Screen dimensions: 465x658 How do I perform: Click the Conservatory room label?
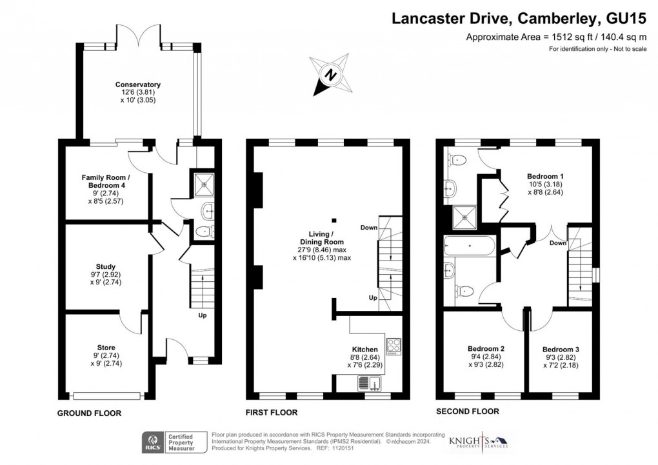[138, 84]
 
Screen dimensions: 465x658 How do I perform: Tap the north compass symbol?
[331, 75]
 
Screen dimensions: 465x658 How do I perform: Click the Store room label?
[106, 348]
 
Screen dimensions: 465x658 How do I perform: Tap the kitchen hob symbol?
[393, 346]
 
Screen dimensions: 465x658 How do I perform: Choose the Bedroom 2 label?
[486, 349]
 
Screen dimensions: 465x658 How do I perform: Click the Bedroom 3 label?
[560, 349]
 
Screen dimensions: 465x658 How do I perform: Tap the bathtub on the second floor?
[470, 246]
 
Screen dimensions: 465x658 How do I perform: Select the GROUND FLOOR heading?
[89, 413]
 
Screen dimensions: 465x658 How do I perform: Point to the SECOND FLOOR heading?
[468, 411]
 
